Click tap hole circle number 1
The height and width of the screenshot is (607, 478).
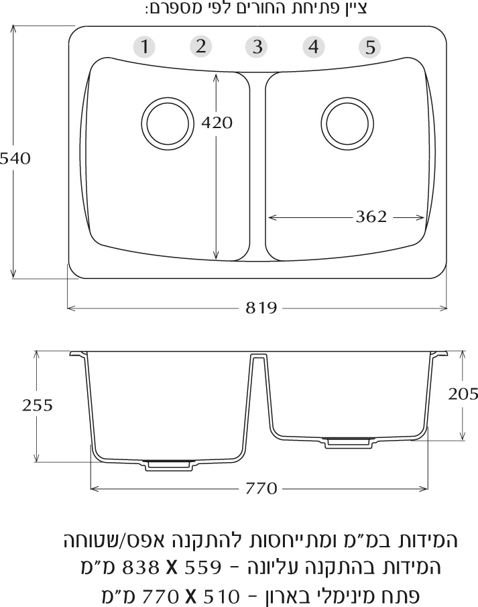pos(144,47)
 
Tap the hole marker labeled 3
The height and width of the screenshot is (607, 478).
pos(257,47)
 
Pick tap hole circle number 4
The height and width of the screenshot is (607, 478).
pos(313,46)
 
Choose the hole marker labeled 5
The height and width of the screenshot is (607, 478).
pos(369,47)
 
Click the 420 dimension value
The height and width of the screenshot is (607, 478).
pos(217,123)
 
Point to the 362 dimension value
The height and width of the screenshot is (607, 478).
pos(371,217)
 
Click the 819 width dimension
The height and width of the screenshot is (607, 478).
pos(261,308)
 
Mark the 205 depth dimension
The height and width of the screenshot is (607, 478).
pos(463,394)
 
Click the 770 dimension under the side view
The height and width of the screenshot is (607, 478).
pos(261,488)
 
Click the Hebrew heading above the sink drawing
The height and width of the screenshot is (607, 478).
pos(257,9)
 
